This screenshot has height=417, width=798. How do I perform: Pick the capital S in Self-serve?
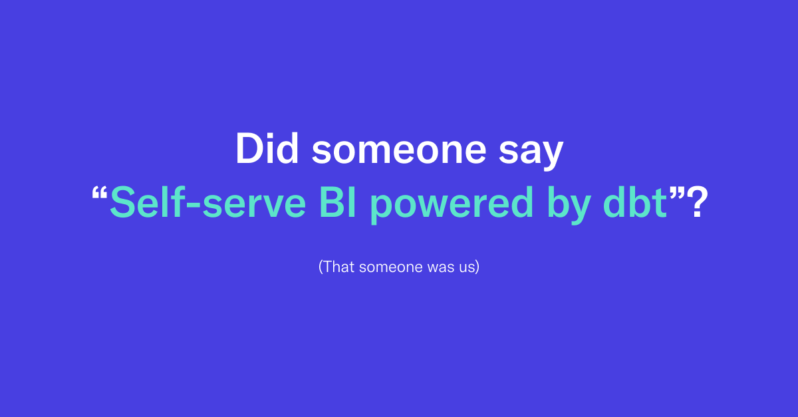click(x=123, y=203)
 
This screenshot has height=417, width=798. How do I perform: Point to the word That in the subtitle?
click(x=337, y=267)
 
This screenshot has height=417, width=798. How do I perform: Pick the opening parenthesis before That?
click(x=321, y=267)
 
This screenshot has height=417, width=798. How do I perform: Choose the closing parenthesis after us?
click(x=477, y=267)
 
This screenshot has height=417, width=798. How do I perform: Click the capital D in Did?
click(x=250, y=149)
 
